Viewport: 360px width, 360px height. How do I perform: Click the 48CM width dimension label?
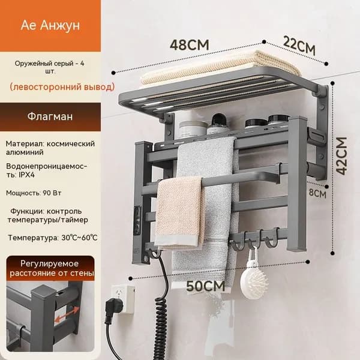[190, 44]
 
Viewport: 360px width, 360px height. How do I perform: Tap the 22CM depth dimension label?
[299, 46]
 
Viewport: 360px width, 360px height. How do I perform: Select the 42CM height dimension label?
[341, 156]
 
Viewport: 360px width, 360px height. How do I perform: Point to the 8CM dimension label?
[317, 193]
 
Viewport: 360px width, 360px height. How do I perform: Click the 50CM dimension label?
[205, 286]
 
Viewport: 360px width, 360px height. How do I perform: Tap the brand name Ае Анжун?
[50, 25]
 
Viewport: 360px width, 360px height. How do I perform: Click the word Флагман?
[50, 116]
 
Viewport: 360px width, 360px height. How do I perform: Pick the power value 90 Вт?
[52, 193]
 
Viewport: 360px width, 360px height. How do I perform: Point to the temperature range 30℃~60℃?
[79, 238]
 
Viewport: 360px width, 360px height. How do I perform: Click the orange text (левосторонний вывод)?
[62, 87]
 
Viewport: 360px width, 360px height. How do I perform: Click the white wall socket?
[122, 298]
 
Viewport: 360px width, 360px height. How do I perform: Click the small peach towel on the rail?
[179, 212]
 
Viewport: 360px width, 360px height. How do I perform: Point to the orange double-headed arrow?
[67, 314]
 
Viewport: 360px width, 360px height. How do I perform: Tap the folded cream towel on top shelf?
[220, 67]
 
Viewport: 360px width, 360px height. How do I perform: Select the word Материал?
[25, 144]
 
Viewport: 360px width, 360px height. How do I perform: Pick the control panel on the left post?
[138, 217]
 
